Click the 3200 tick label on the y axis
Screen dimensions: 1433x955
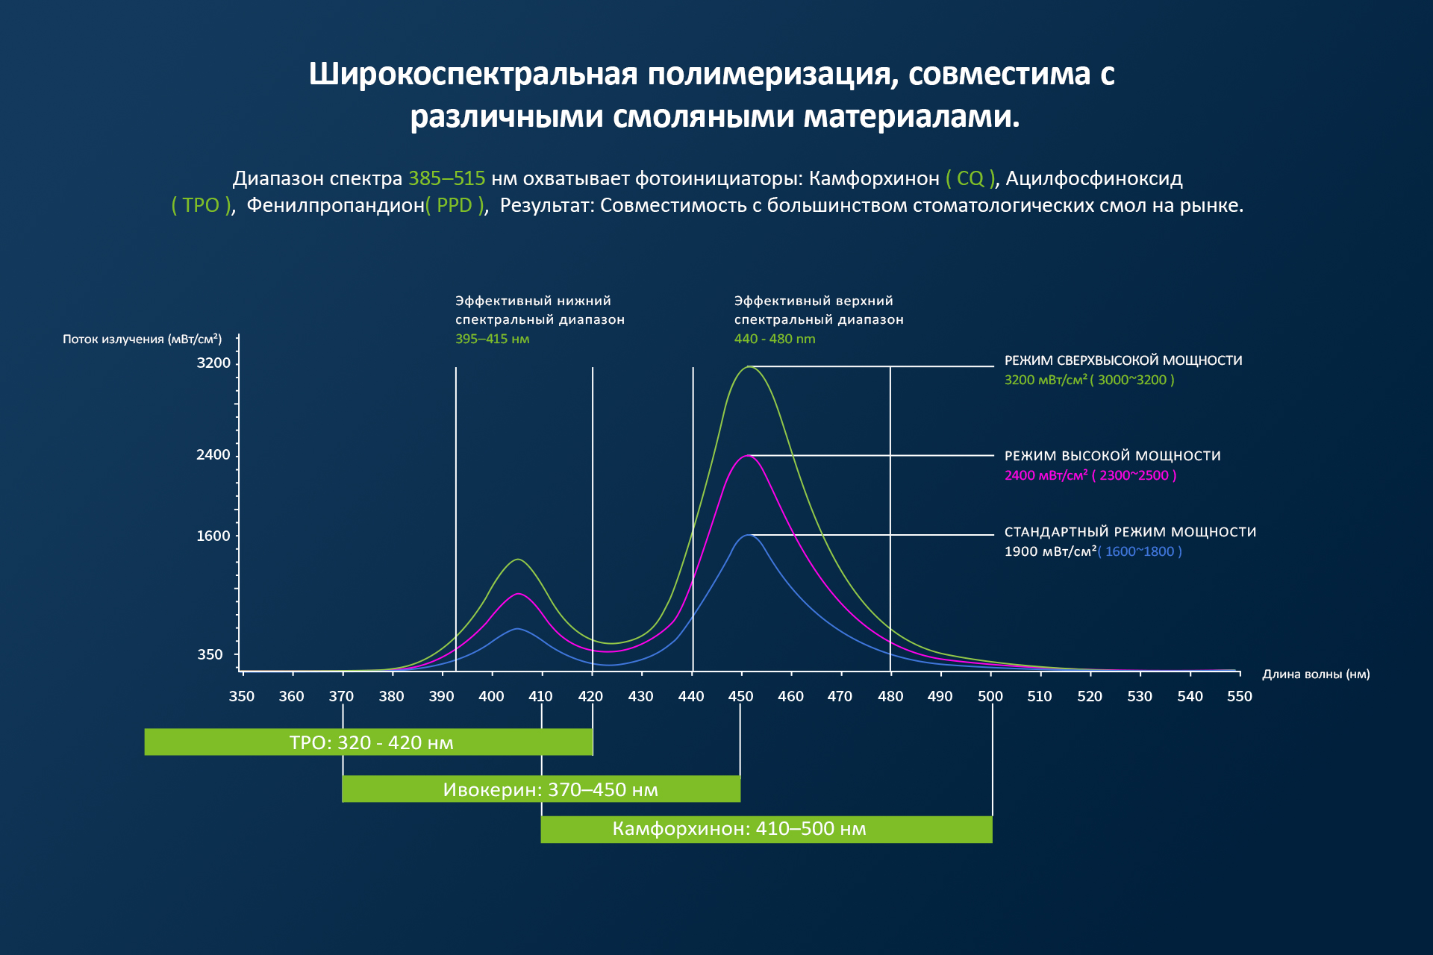213,363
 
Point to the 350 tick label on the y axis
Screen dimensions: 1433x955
210,655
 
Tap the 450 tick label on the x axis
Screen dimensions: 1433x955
741,697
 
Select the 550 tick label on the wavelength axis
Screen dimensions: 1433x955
1240,697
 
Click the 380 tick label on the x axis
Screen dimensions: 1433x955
391,697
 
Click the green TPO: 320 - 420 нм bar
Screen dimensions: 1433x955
369,742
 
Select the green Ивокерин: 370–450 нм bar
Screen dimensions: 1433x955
541,789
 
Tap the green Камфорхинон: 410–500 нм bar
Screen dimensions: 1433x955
767,830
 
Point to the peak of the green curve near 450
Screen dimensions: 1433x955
748,366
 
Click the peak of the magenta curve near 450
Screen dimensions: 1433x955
747,455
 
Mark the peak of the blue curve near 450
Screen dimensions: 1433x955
748,535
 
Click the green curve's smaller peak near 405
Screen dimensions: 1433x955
518,560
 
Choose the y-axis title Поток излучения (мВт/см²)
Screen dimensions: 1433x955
143,339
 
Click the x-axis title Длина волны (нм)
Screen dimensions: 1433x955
1316,674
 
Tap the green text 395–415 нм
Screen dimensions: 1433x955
493,339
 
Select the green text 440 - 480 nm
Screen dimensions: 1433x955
775,339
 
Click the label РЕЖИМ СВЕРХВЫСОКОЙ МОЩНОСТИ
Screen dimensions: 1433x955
1123,360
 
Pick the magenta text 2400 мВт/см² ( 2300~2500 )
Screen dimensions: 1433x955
1090,475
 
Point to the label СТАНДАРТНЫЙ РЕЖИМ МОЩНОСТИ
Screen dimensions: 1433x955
1131,532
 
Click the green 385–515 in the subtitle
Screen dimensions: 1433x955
447,178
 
